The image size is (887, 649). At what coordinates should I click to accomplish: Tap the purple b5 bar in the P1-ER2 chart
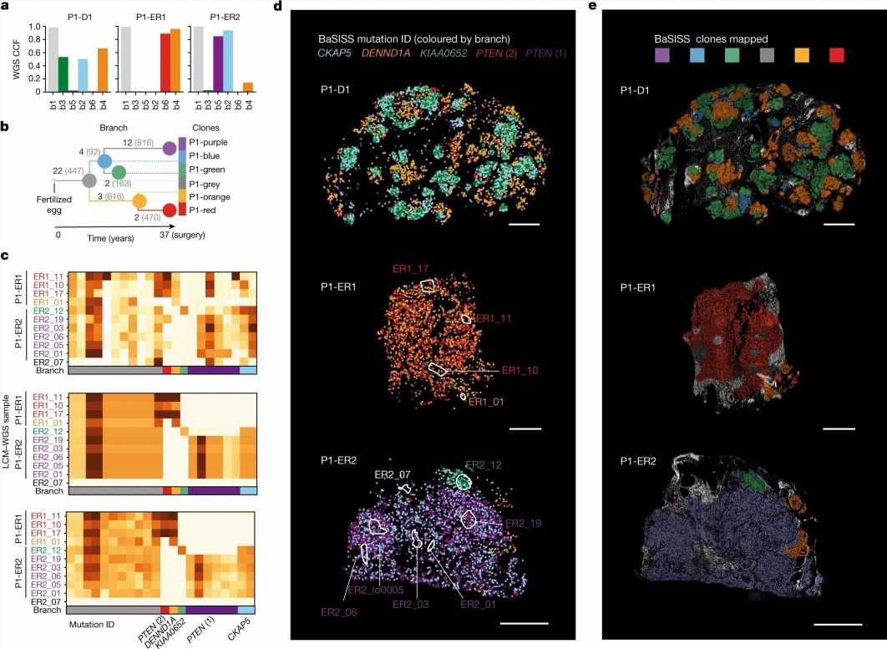click(217, 63)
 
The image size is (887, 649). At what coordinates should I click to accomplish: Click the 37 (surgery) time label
click(183, 236)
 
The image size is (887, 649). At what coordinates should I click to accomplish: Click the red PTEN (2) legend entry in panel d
click(495, 53)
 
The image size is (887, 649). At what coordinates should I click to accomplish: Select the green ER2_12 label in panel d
click(484, 464)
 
